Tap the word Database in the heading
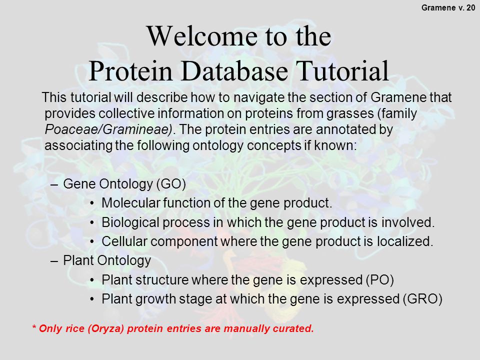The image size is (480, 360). click(234, 71)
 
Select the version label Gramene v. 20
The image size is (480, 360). click(448, 7)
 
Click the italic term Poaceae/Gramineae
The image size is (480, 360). click(108, 129)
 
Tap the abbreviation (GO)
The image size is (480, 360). click(171, 184)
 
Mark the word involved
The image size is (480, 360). click(408, 222)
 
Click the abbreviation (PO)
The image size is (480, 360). click(379, 280)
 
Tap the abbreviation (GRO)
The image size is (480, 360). click(422, 299)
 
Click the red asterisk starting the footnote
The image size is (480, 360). click(34, 327)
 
